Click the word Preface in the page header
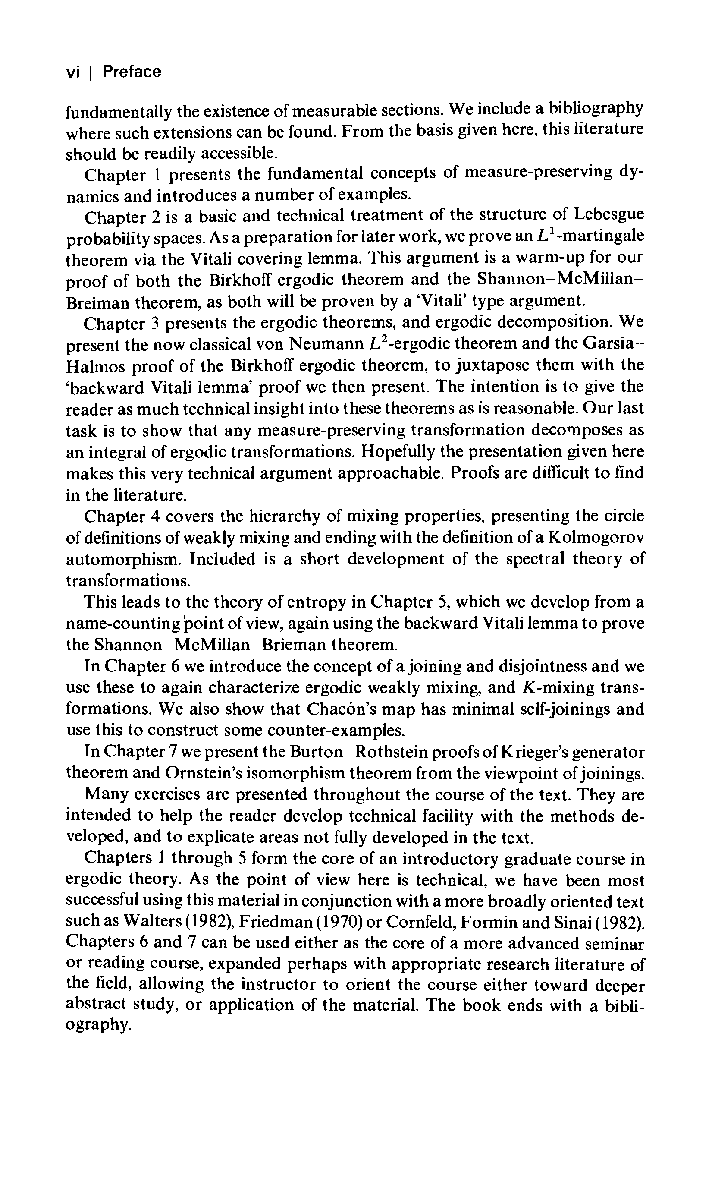tap(132, 72)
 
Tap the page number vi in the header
tap(72, 72)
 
